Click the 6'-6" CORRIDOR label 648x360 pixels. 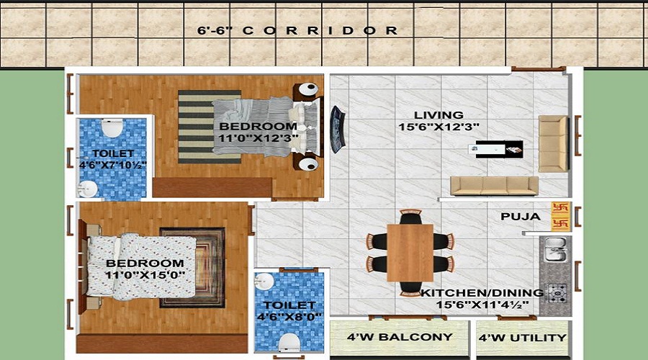[298, 30]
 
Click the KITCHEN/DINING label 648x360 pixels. [482, 293]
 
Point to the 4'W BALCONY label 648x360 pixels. [400, 337]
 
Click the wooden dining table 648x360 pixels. [410, 252]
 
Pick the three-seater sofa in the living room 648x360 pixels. [494, 185]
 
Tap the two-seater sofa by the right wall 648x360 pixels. [553, 143]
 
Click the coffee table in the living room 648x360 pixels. [495, 150]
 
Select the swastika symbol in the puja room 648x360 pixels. [561, 215]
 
